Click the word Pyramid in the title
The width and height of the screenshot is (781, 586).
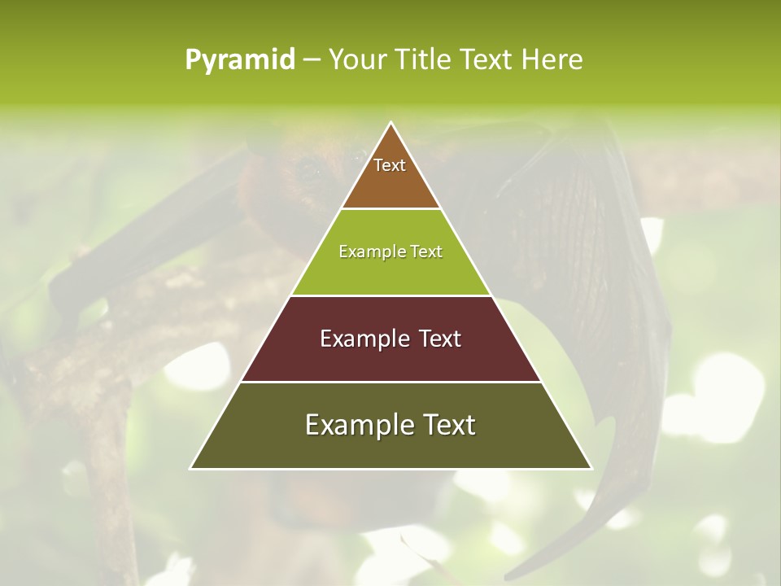tap(240, 60)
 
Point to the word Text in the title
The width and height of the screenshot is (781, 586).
tap(487, 60)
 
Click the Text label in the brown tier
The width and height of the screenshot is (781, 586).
tap(390, 165)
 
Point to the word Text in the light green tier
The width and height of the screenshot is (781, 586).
tap(427, 252)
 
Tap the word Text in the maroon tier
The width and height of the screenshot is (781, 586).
tap(440, 339)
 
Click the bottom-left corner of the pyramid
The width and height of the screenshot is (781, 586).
tap(191, 468)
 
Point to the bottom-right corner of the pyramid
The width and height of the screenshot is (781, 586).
tap(591, 468)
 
